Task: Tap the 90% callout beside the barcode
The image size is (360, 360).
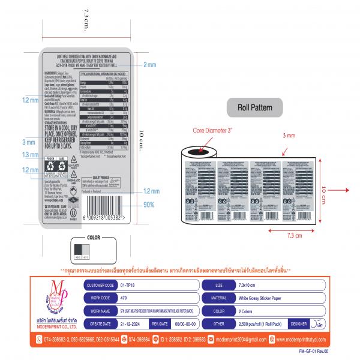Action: point(151,205)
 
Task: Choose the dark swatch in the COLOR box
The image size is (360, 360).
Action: point(78,250)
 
